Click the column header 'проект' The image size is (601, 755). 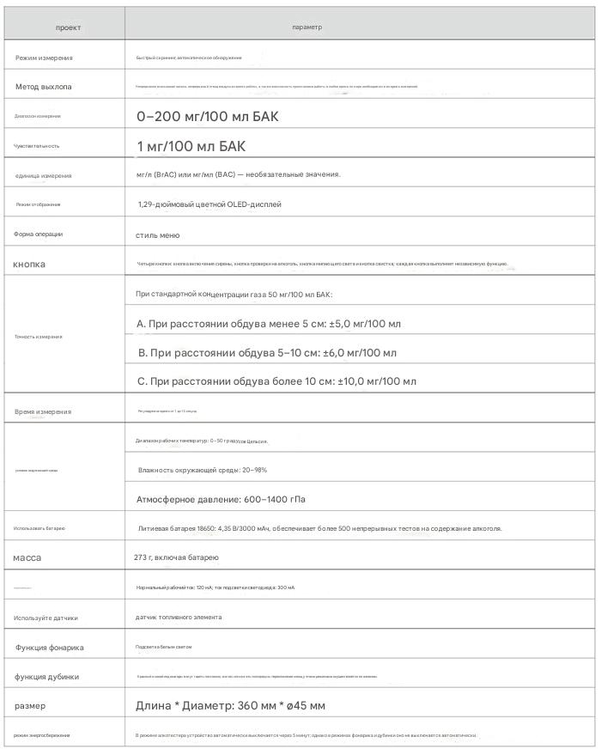pos(68,27)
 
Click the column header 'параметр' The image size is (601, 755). pos(307,27)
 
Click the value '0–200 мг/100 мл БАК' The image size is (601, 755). pos(208,117)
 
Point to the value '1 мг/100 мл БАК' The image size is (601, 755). pos(191,146)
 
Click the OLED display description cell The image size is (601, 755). pos(209,204)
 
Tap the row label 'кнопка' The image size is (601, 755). pos(29,264)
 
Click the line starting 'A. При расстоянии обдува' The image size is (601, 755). pos(269,324)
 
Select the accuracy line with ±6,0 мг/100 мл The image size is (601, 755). pos(268,353)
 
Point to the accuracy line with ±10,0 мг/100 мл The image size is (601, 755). pos(276,381)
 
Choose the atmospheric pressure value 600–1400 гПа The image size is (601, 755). pos(221,499)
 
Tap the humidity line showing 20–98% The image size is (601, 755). pos(203,470)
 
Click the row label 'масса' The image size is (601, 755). pos(27,558)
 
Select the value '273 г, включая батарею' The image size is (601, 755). pos(177,558)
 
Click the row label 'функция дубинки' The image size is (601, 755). pos(47,677)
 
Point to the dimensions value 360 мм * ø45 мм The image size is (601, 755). pos(230,706)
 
